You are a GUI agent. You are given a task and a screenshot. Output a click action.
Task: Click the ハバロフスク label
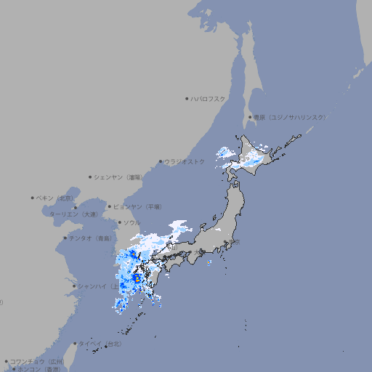click(209, 98)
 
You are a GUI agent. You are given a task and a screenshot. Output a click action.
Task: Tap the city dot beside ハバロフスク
click(187, 98)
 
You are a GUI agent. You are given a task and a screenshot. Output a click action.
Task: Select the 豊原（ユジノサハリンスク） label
click(289, 117)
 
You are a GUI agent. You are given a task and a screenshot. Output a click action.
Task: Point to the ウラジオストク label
click(185, 161)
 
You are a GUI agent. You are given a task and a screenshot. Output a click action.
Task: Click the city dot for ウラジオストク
click(161, 161)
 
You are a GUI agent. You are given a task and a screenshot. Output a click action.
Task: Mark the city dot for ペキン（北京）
click(33, 198)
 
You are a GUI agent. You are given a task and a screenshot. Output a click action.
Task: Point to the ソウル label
click(132, 222)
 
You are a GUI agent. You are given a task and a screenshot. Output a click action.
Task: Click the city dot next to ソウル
click(119, 222)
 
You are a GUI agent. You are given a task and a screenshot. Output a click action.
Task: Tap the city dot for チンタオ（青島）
click(65, 238)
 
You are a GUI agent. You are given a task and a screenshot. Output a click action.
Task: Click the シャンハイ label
click(93, 286)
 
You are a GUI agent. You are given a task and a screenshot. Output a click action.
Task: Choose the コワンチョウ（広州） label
click(37, 361)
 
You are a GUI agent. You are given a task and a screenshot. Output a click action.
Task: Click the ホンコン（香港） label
click(41, 369)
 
